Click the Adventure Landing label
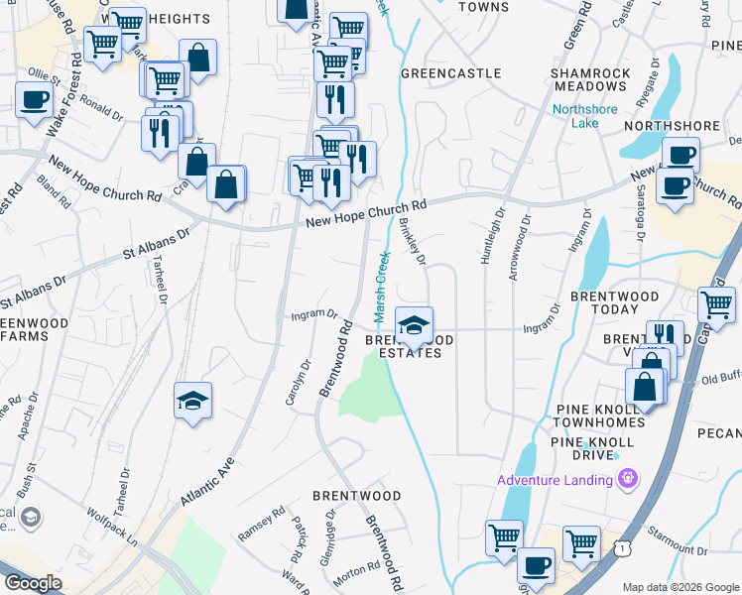pyautogui.click(x=555, y=481)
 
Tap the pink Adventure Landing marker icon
pyautogui.click(x=626, y=481)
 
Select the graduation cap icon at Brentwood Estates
pyautogui.click(x=414, y=324)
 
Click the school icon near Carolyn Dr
pyautogui.click(x=192, y=401)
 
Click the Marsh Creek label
pyautogui.click(x=381, y=287)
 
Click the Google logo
pyautogui.click(x=34, y=582)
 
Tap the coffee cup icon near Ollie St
pyautogui.click(x=35, y=100)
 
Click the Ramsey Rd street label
pyautogui.click(x=261, y=523)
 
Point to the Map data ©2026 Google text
pyautogui.click(x=680, y=586)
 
